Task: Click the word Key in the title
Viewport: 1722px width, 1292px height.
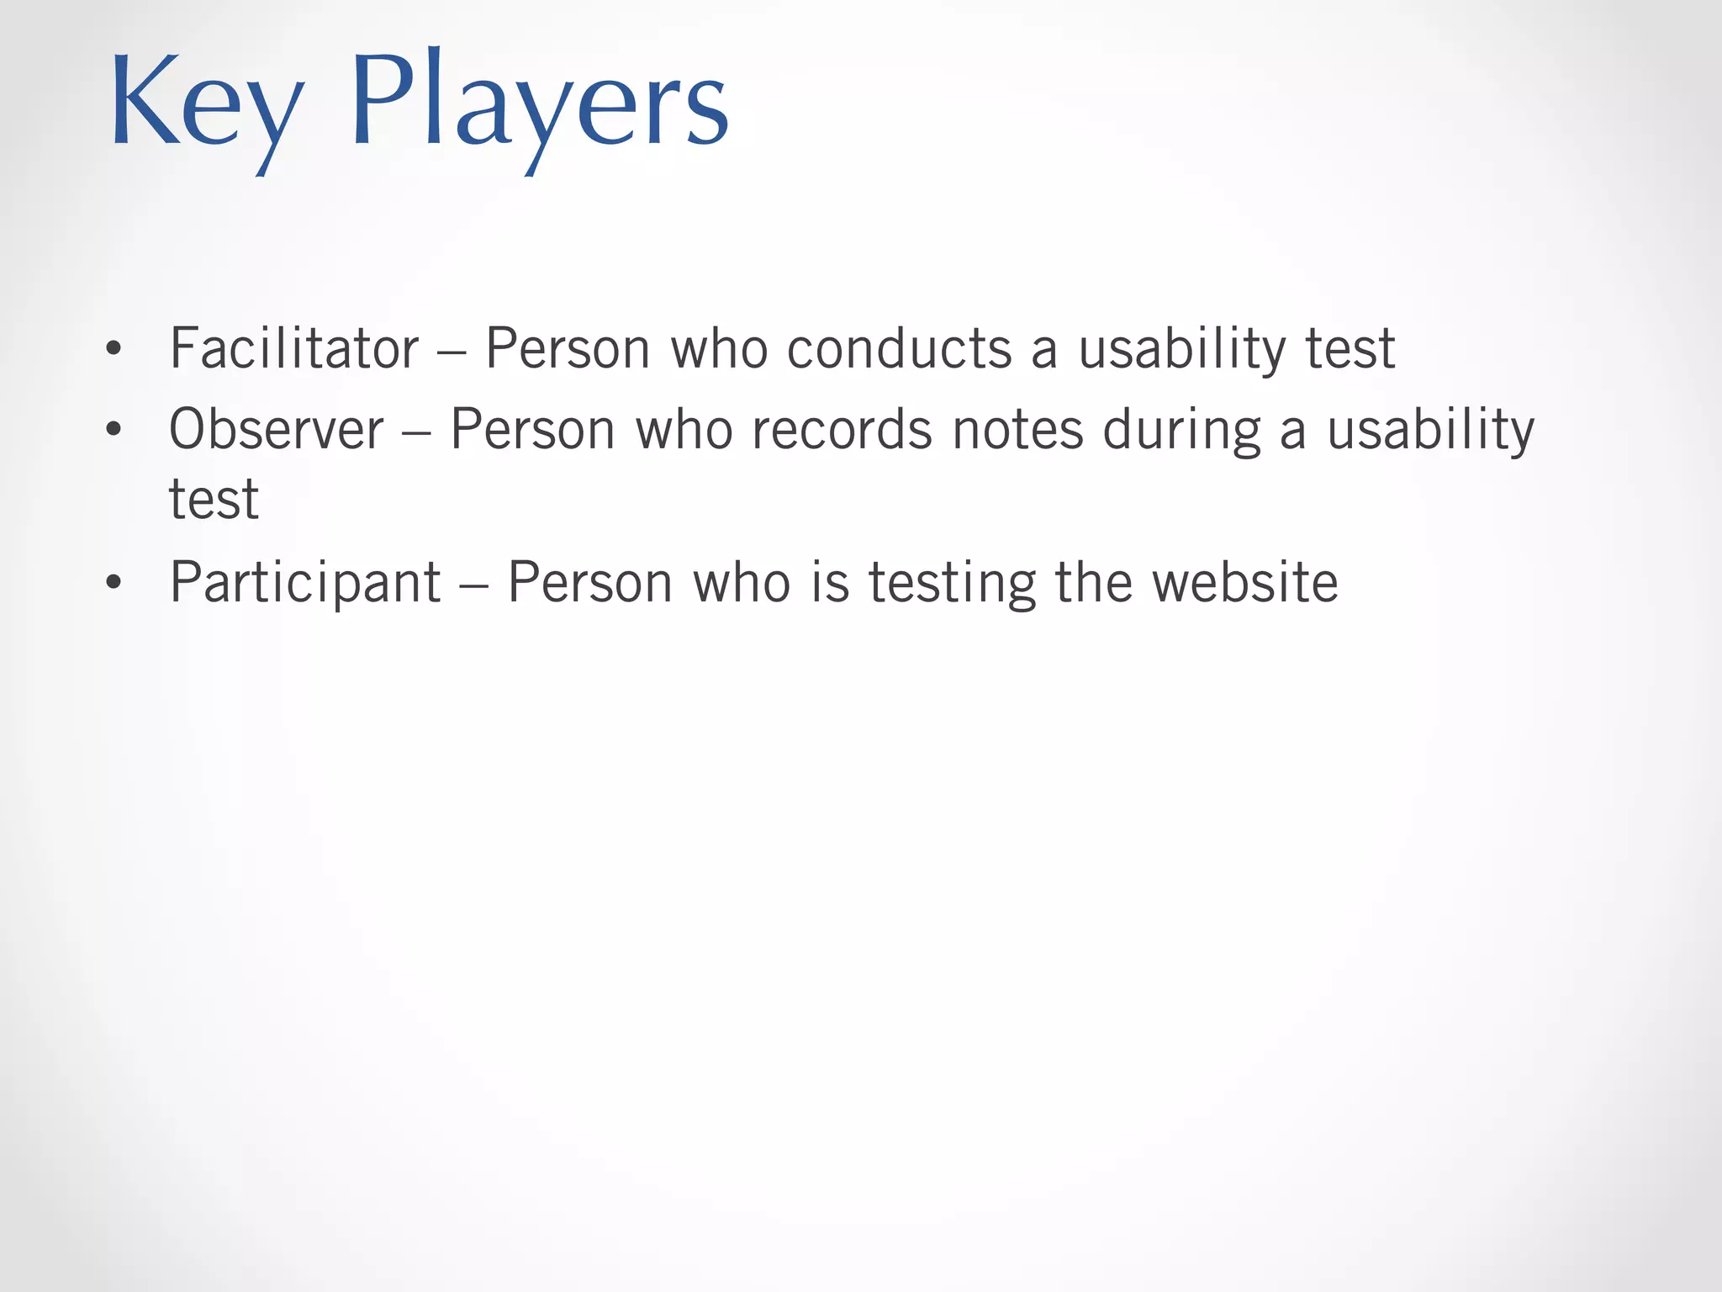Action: pos(206,105)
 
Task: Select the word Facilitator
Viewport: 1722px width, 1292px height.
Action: pos(293,348)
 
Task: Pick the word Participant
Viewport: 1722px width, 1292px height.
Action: pos(304,582)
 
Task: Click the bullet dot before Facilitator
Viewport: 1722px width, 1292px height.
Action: pos(114,350)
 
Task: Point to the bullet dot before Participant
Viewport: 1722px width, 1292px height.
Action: pos(114,583)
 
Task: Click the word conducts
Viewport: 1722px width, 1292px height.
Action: pos(899,348)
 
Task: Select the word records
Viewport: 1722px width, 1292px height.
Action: pos(842,430)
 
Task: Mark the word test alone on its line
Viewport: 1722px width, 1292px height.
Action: pos(214,500)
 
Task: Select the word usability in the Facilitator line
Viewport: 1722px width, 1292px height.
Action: pos(1181,350)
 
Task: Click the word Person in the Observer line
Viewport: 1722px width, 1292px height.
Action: pos(533,430)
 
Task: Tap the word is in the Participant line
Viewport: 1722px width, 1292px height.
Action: pos(830,582)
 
